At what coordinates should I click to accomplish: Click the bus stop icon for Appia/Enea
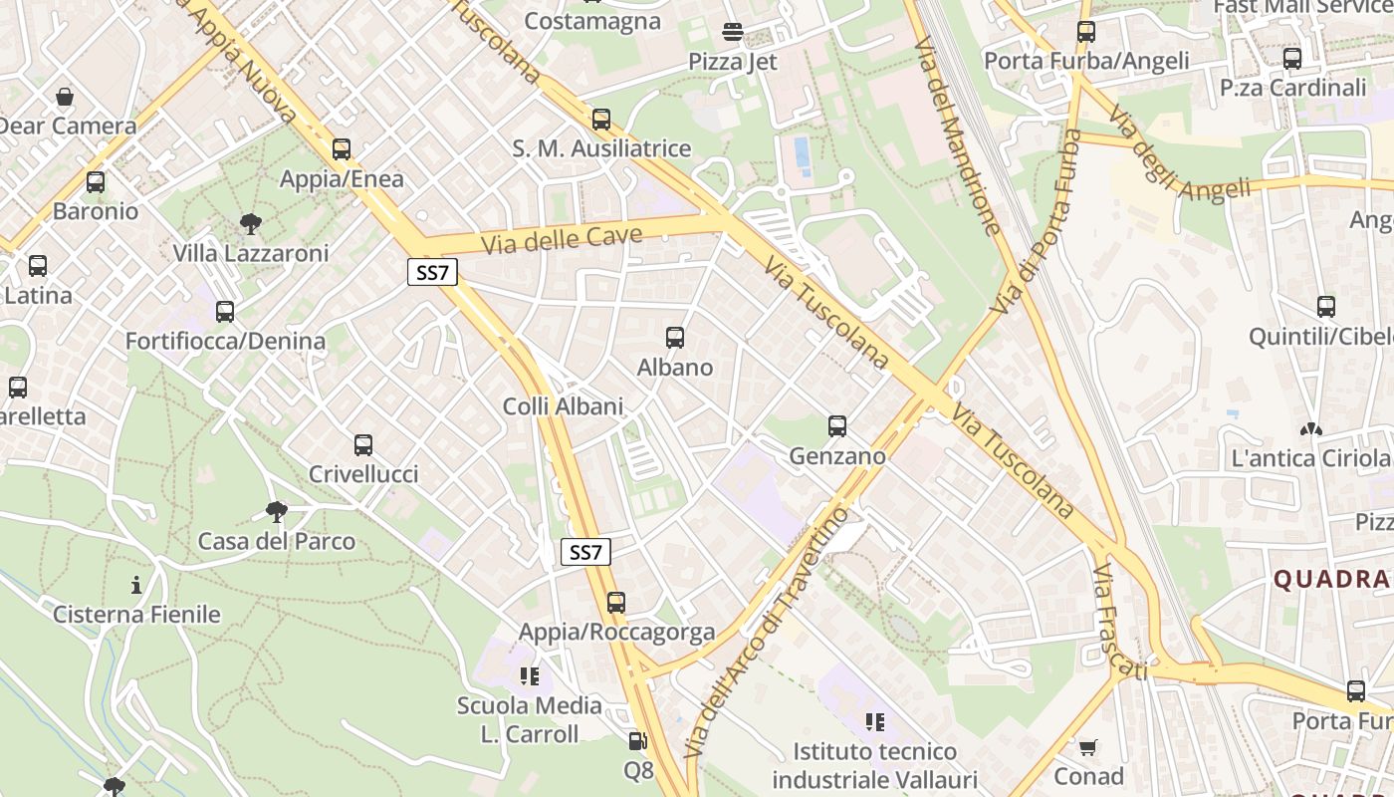pyautogui.click(x=342, y=149)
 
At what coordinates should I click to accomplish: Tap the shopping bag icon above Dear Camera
pyautogui.click(x=65, y=97)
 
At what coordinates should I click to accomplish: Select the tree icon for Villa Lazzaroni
pyautogui.click(x=251, y=223)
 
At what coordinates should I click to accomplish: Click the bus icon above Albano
pyautogui.click(x=675, y=338)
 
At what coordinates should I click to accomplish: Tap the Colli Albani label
pyautogui.click(x=563, y=406)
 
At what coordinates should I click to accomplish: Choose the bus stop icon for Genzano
pyautogui.click(x=837, y=426)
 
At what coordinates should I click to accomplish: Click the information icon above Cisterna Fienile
pyautogui.click(x=136, y=584)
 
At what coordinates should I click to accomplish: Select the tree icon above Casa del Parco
pyautogui.click(x=277, y=512)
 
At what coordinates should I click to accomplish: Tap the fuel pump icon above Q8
pyautogui.click(x=637, y=741)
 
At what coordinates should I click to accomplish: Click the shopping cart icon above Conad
pyautogui.click(x=1088, y=746)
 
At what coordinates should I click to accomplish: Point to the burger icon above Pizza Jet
pyautogui.click(x=733, y=32)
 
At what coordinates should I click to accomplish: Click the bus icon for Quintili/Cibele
pyautogui.click(x=1325, y=307)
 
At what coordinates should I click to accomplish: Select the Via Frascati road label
pyautogui.click(x=1118, y=623)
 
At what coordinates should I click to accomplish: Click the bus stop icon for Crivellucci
pyautogui.click(x=363, y=444)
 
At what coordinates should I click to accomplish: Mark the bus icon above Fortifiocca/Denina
pyautogui.click(x=225, y=312)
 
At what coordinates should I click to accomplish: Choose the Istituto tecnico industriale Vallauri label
pyautogui.click(x=874, y=765)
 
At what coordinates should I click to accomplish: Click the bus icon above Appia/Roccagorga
pyautogui.click(x=616, y=603)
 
